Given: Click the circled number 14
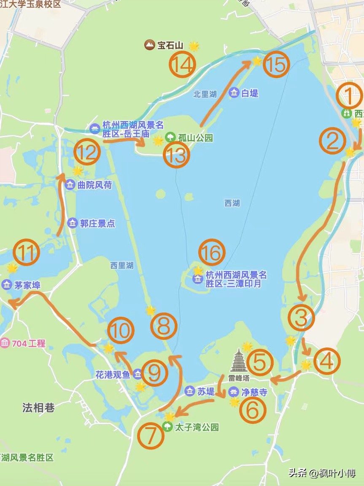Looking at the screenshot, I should tap(182, 65).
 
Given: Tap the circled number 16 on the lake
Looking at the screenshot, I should tap(212, 253).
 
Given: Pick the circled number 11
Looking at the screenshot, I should tap(26, 253).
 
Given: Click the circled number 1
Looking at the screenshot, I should tap(349, 95).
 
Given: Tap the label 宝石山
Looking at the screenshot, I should tap(170, 45).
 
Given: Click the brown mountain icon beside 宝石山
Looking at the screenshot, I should tap(149, 45).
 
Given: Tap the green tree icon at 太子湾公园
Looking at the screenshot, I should tap(167, 427).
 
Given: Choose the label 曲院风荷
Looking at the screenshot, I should tap(94, 185).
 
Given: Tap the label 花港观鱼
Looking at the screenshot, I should tap(113, 374).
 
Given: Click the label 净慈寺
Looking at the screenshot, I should tap(254, 392).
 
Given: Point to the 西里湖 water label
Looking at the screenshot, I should tap(122, 265).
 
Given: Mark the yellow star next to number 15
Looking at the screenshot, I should tap(257, 61).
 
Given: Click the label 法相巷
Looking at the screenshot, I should tap(38, 408).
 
